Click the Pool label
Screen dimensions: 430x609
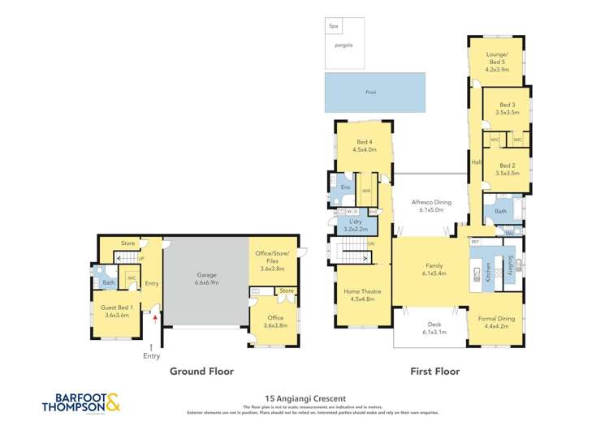[370, 92]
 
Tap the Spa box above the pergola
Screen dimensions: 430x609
[333, 26]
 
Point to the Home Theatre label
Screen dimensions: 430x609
[362, 295]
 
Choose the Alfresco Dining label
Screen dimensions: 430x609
[431, 204]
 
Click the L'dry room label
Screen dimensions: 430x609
[355, 225]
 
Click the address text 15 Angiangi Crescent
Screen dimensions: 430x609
[295, 398]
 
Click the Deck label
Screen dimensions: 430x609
[430, 328]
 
